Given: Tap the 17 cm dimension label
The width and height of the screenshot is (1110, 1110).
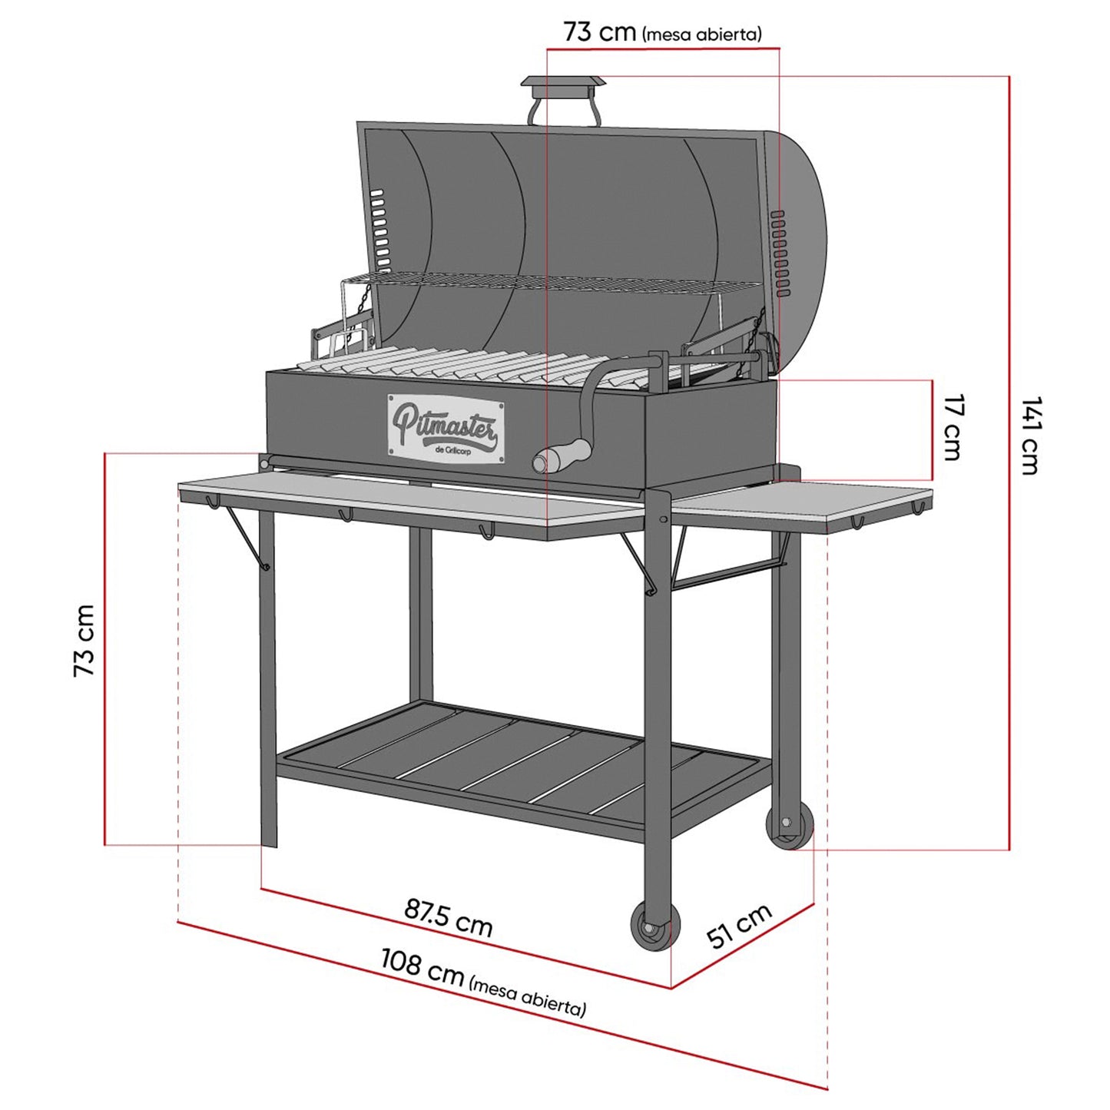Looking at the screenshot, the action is (x=953, y=427).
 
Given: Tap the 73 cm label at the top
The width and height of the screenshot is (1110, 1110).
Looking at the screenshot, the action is (x=599, y=32).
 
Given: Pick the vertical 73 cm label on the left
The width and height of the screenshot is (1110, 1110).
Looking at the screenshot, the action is (x=84, y=640).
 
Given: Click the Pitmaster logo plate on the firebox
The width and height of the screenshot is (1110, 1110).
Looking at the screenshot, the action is (x=446, y=428).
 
